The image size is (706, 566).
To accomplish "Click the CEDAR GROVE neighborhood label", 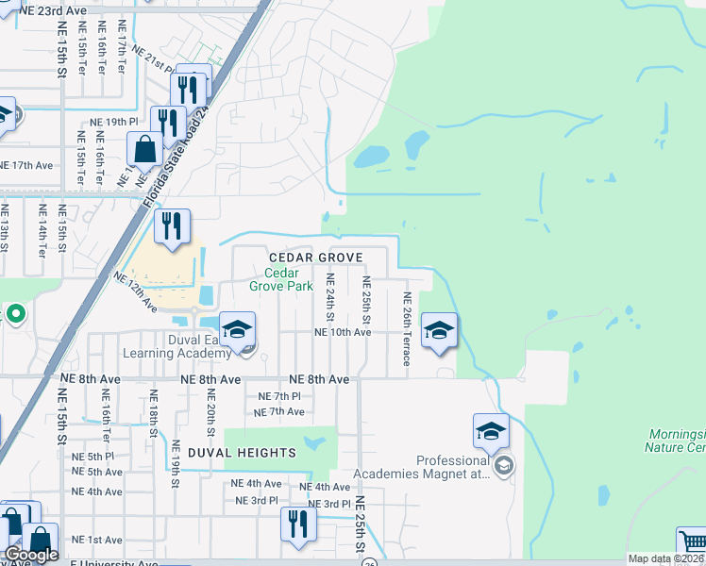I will pyautogui.click(x=315, y=258).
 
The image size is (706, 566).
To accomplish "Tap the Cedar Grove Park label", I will pyautogui.click(x=280, y=279).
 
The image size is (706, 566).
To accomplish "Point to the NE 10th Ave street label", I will pyautogui.click(x=342, y=332).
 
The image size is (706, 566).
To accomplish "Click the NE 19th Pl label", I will pyautogui.click(x=113, y=123).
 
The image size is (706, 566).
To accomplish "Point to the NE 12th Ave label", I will pyautogui.click(x=135, y=292).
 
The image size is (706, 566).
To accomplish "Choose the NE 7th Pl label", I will pyautogui.click(x=278, y=397).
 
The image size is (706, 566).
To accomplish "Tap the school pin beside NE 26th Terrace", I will pyautogui.click(x=439, y=331).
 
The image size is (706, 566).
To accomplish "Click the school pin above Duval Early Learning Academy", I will pyautogui.click(x=238, y=330).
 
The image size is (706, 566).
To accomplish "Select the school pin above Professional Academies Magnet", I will pyautogui.click(x=491, y=432).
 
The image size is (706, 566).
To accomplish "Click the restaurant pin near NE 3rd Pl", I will pyautogui.click(x=299, y=524).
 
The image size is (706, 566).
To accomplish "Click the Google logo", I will pyautogui.click(x=31, y=555).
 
